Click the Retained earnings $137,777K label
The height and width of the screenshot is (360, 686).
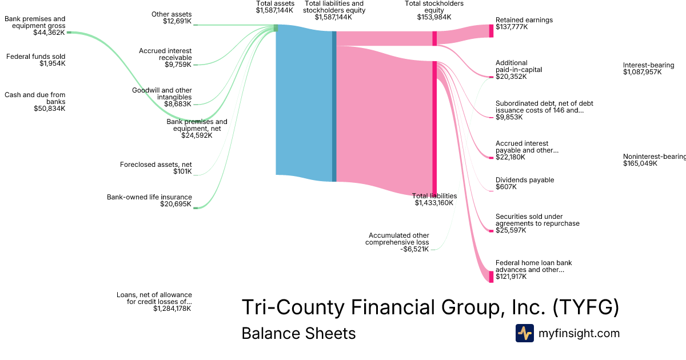point(524,24)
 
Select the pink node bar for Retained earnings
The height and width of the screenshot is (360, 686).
point(490,31)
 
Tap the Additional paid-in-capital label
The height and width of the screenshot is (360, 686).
point(519,70)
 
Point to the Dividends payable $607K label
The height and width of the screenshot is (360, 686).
point(524,183)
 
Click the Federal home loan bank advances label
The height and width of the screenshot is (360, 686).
point(533,270)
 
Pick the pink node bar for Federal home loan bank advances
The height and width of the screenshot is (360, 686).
point(490,277)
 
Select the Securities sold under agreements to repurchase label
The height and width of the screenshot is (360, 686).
point(537,223)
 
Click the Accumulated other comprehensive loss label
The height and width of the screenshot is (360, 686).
point(398,242)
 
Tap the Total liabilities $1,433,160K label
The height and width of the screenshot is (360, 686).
point(434,199)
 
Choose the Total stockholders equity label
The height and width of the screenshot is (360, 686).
point(434,10)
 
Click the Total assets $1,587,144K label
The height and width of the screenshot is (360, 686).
point(275,7)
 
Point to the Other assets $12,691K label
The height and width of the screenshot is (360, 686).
point(171,18)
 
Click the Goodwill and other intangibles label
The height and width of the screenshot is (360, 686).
point(162,97)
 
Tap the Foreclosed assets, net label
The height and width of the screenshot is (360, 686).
point(155,168)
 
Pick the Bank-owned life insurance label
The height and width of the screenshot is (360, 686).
point(149,201)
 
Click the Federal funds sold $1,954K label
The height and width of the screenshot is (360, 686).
point(35,60)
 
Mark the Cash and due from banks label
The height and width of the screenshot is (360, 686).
point(35,102)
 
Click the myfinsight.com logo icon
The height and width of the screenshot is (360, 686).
point(524,333)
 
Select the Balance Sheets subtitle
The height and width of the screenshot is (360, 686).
point(298,334)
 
